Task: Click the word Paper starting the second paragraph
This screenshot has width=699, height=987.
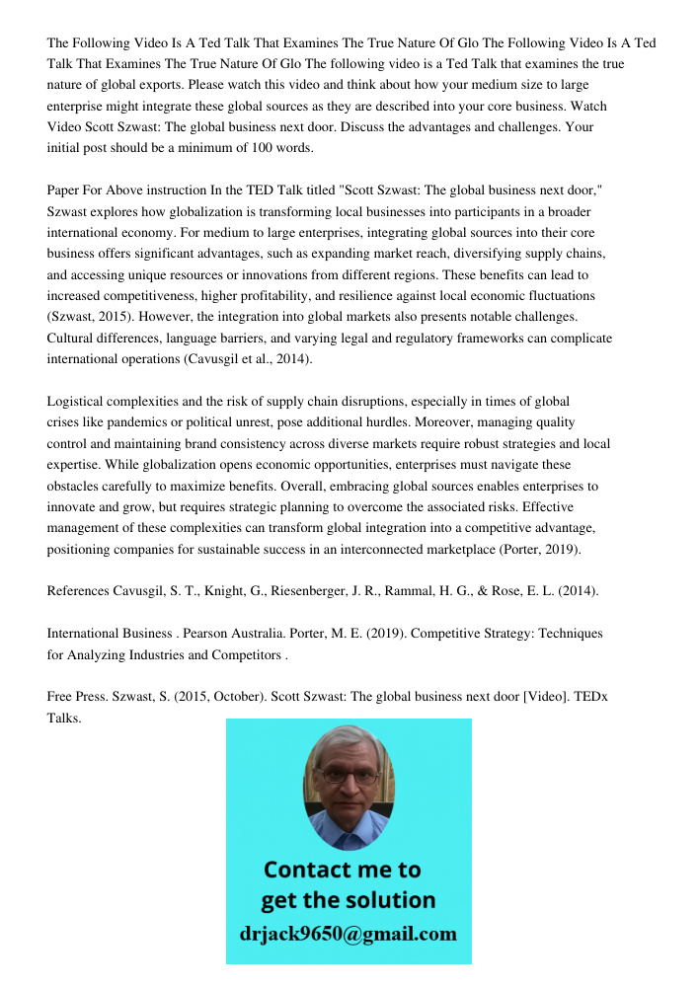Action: coord(65,190)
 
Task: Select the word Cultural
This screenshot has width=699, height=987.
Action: coord(72,339)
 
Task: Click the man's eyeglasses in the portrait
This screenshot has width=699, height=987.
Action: coord(349,775)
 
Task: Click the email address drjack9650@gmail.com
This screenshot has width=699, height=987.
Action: coord(349,934)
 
